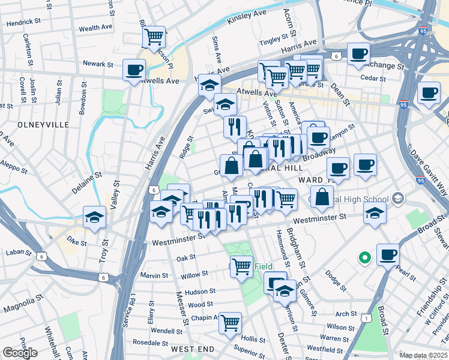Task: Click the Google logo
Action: (x=20, y=353)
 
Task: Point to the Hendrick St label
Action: (x=23, y=23)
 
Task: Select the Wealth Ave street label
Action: (x=95, y=28)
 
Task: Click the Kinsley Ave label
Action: (x=247, y=16)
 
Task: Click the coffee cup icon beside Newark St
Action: (x=133, y=69)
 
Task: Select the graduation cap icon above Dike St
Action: (x=94, y=217)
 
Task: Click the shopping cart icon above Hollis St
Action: (x=230, y=323)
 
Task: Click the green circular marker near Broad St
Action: (x=364, y=259)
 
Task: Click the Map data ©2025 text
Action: (x=423, y=355)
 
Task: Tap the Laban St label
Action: (x=14, y=253)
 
